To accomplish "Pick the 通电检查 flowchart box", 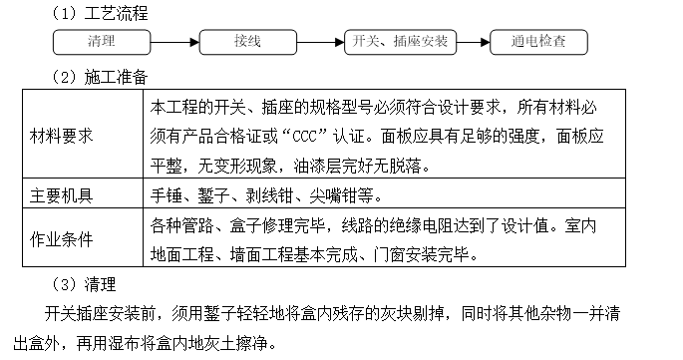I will pos(539,42).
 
